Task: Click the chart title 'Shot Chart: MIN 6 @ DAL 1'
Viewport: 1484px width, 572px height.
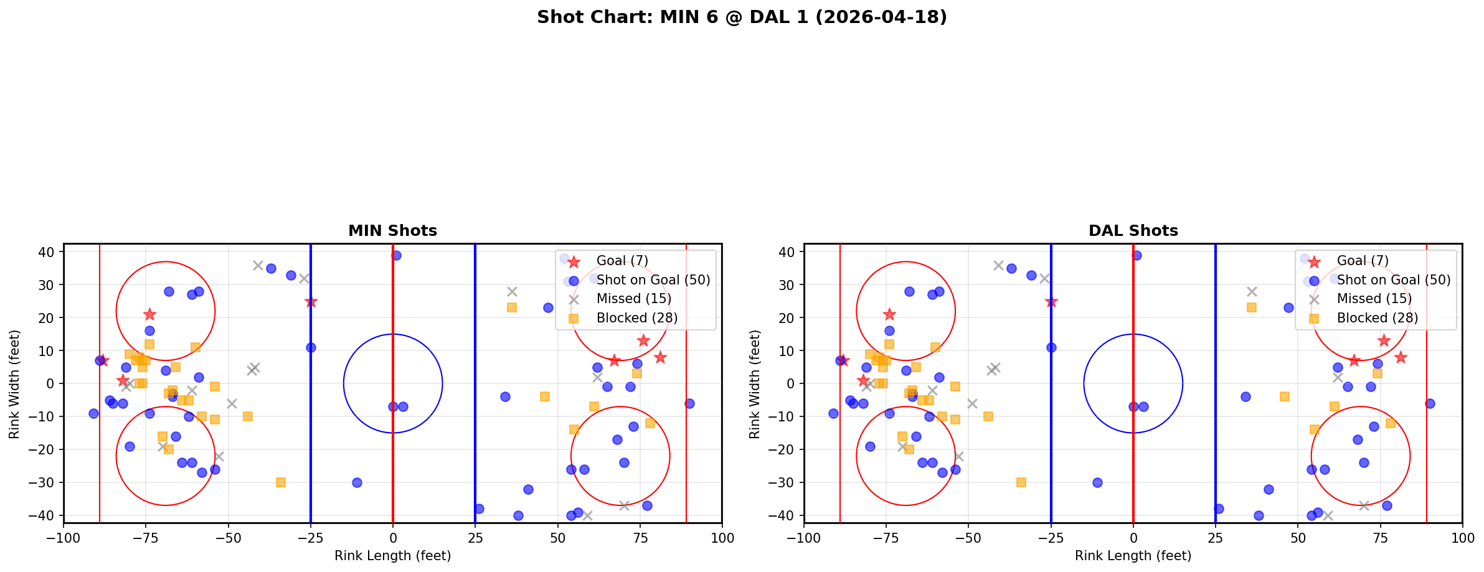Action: coord(742,17)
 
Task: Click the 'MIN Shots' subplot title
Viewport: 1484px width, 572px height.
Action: coord(392,231)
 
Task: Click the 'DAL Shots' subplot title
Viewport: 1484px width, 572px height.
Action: coord(1133,231)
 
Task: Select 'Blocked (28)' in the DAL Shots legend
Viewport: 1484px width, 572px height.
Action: coord(1377,318)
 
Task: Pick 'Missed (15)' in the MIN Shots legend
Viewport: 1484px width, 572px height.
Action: coord(633,299)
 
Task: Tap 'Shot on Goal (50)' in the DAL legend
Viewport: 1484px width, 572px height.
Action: coord(1393,280)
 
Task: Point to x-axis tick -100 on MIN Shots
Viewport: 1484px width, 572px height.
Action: coord(64,537)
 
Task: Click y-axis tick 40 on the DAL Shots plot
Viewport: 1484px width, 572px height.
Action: coord(788,252)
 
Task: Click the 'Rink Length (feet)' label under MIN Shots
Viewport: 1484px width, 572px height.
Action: coord(392,556)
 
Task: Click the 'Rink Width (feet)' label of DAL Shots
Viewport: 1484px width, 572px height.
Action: coord(755,383)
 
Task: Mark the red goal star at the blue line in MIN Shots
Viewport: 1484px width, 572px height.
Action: coord(311,302)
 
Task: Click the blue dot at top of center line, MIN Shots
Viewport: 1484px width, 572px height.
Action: coord(396,255)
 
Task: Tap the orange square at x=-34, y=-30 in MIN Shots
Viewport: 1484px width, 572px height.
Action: coord(281,482)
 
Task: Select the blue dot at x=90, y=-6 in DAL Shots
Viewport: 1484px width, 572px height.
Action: coord(1429,403)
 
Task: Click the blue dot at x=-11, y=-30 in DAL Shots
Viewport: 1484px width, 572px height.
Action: coord(1097,482)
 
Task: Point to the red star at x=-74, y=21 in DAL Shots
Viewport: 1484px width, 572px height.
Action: coord(889,314)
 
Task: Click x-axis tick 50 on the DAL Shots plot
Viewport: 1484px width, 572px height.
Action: coord(1298,537)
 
